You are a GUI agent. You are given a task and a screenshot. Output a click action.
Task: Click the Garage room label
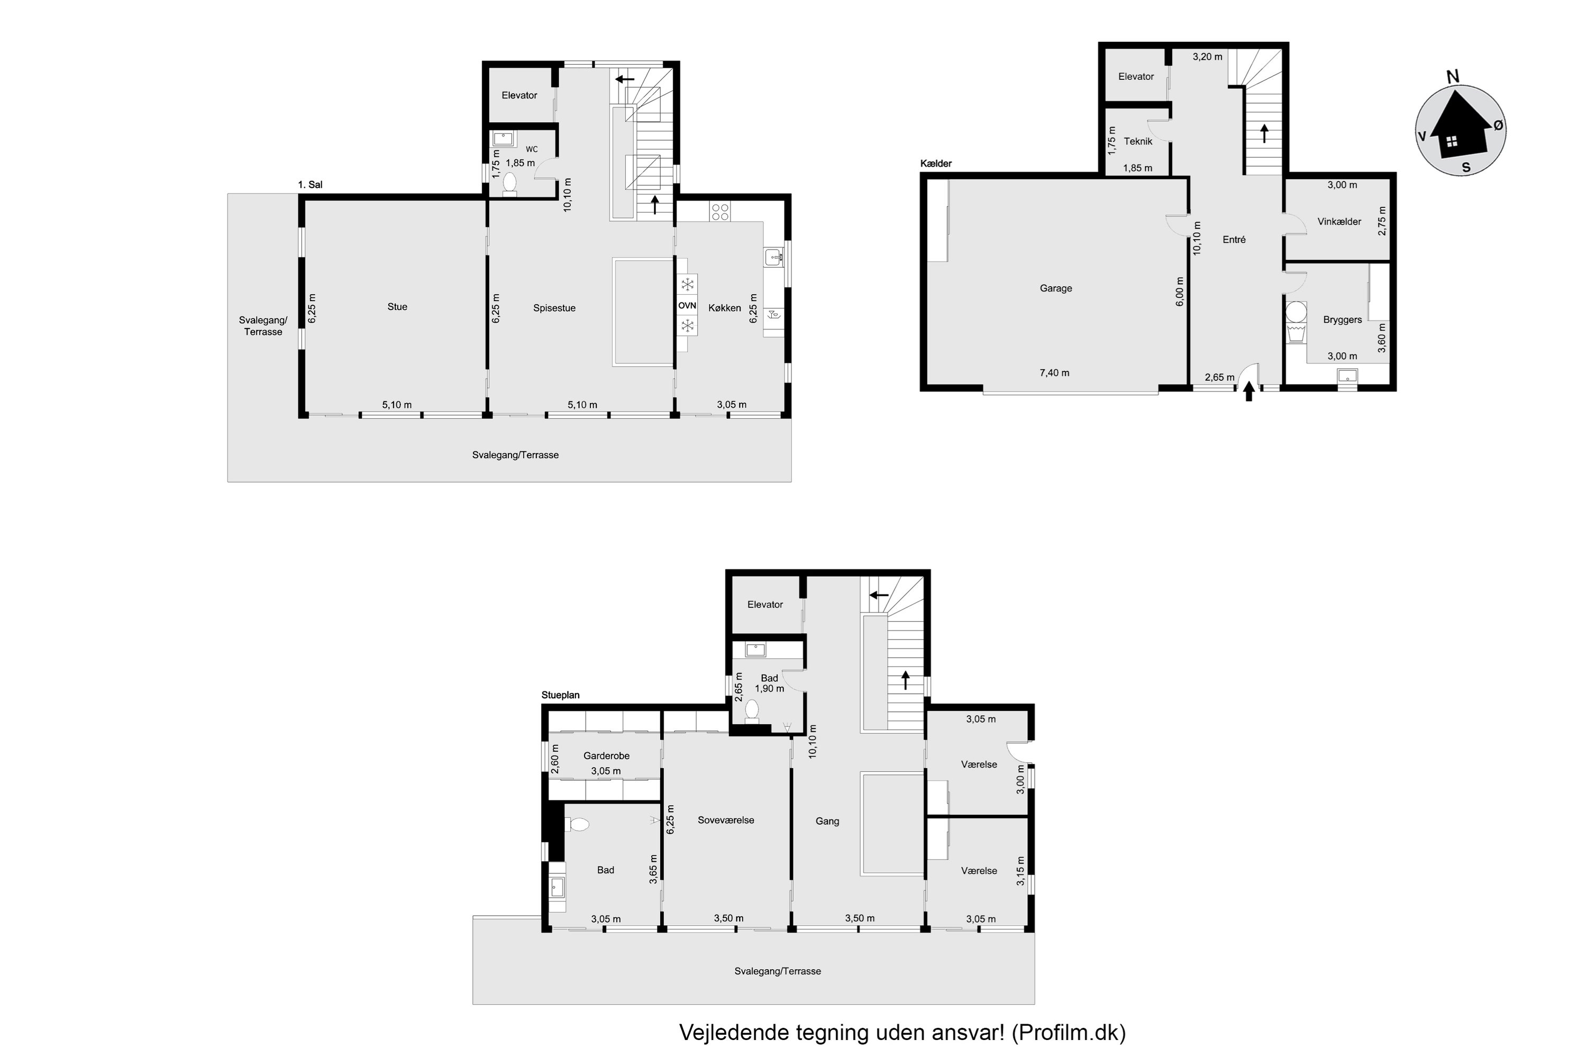coord(1056,288)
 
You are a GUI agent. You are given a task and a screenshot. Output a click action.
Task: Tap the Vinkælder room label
coord(1339,221)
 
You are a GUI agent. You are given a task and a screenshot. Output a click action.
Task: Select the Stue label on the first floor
coord(397,306)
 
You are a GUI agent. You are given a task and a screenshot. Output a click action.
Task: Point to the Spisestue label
coord(554,308)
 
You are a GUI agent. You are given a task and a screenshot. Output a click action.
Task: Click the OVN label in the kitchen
coord(687,306)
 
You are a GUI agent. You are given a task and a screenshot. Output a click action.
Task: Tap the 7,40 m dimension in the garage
coord(1055,372)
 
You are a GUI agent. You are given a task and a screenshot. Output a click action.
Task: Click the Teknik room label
coord(1138,141)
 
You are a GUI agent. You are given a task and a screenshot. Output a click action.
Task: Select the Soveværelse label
coord(726,820)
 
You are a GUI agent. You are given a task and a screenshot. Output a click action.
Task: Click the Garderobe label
coord(607,756)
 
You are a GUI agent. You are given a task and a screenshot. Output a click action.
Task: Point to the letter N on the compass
coord(1453,77)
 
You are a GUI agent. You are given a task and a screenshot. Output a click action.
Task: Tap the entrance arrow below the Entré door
coord(1248,391)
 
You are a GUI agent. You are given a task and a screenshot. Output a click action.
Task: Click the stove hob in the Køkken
coord(720,212)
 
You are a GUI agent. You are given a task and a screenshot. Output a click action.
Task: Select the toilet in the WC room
coord(509,184)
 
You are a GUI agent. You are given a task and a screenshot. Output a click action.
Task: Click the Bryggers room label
coord(1342,320)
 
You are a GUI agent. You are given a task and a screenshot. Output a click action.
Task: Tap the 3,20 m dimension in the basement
coord(1207,57)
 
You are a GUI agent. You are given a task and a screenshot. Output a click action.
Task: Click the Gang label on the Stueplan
coord(827,821)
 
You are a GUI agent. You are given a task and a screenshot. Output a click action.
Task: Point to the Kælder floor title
coord(936,163)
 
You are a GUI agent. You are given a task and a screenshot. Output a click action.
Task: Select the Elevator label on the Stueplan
coord(765,605)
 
